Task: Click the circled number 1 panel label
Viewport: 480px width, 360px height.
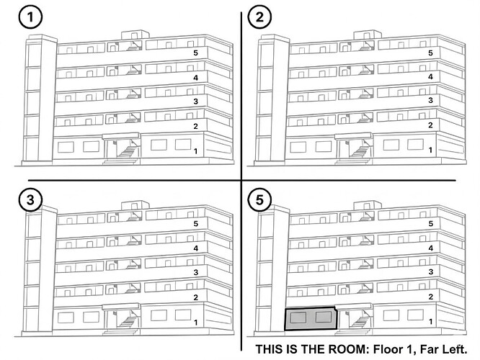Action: point(30,17)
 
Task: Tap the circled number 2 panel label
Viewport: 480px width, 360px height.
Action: point(259,17)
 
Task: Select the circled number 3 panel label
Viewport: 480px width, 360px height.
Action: point(30,200)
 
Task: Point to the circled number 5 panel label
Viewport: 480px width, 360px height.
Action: point(259,200)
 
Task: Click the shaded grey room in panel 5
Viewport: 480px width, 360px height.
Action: point(310,319)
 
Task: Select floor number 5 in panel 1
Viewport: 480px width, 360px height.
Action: point(195,53)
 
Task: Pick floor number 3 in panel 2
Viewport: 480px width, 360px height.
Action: point(430,100)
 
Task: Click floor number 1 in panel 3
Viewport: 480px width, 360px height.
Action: point(195,322)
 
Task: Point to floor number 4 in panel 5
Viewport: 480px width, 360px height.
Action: point(430,248)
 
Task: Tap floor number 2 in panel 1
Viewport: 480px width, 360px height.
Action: point(195,126)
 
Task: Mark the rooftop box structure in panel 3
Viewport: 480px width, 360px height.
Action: point(135,205)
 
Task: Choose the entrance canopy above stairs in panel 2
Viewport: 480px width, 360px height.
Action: point(354,136)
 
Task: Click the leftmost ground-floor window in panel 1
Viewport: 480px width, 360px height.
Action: point(66,147)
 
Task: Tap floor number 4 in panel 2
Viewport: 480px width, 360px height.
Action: point(430,77)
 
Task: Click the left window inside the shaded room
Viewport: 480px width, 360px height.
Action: point(298,318)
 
